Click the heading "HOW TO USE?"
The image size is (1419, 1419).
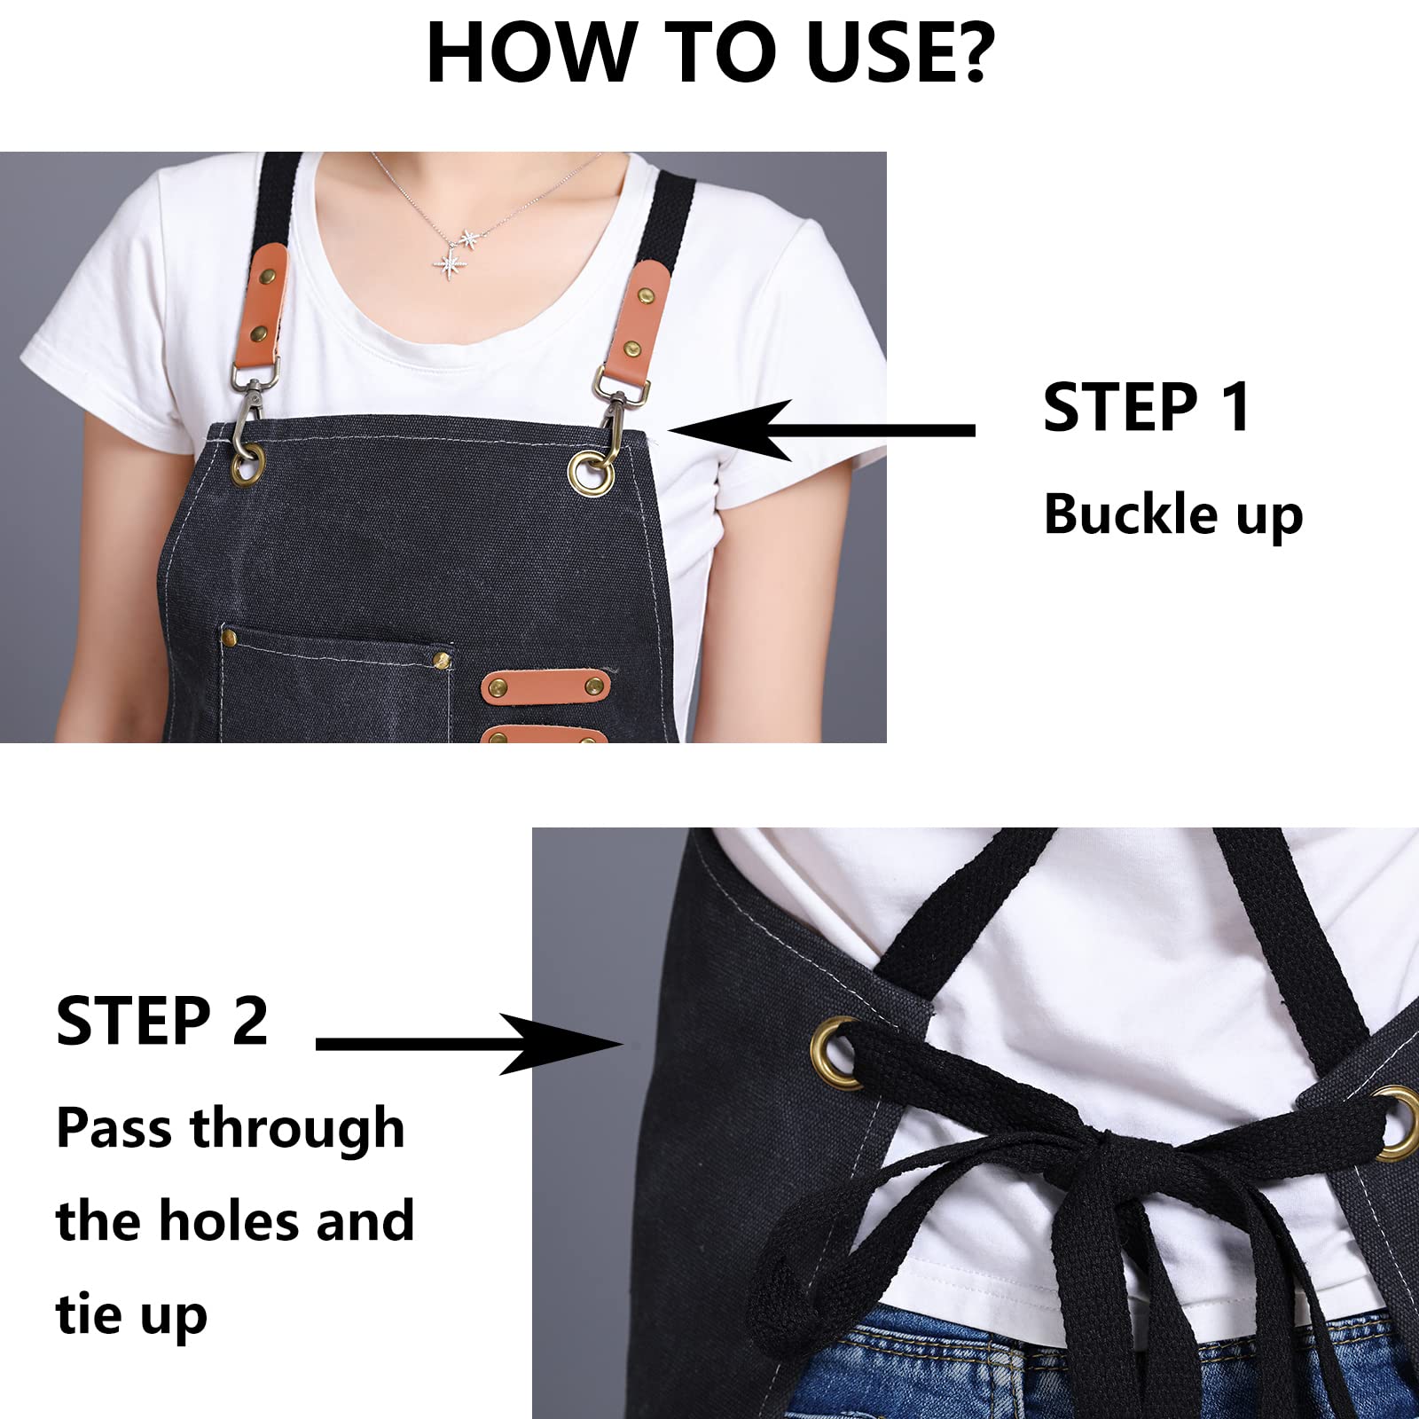coord(711,52)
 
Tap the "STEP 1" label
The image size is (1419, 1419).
coord(1147,408)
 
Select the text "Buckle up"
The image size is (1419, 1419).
coord(1173,515)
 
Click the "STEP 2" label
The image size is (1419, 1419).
coord(161,1021)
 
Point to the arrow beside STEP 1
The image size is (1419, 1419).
coord(821,430)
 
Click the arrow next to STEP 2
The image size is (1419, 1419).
coord(470,1044)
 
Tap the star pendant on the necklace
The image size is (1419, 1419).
coord(451,263)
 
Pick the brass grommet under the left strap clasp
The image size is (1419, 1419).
coord(247,464)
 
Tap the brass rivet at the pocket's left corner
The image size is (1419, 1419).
coord(229,635)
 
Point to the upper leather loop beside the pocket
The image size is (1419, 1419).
coord(545,686)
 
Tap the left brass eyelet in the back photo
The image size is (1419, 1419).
coord(835,1053)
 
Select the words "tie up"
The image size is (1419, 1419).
coord(131,1316)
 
